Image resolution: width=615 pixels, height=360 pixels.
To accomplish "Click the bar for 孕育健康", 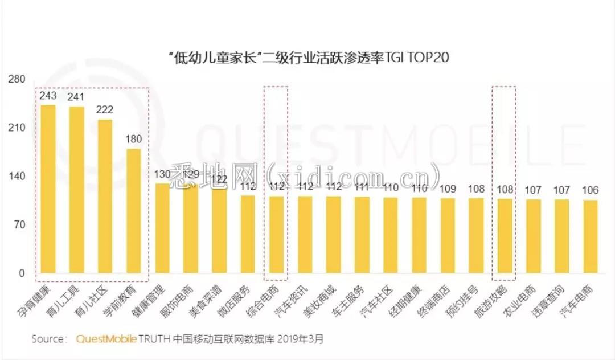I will point(48,189).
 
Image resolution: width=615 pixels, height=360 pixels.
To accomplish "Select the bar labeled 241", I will point(76,190).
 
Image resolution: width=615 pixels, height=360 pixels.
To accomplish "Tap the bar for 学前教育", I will point(133,211).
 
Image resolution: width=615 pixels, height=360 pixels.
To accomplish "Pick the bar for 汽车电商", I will point(590,237).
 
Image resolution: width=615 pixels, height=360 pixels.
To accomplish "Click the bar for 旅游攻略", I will point(505,236).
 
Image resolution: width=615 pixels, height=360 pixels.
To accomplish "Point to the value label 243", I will point(48,95).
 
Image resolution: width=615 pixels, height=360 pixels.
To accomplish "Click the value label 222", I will point(105,110).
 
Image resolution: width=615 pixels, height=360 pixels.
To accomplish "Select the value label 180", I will point(133,139).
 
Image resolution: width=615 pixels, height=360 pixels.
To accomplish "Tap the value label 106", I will point(590,190).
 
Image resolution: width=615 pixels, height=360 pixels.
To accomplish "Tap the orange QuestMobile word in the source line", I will point(106,339).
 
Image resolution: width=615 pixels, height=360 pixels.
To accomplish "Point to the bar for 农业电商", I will point(533,236).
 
